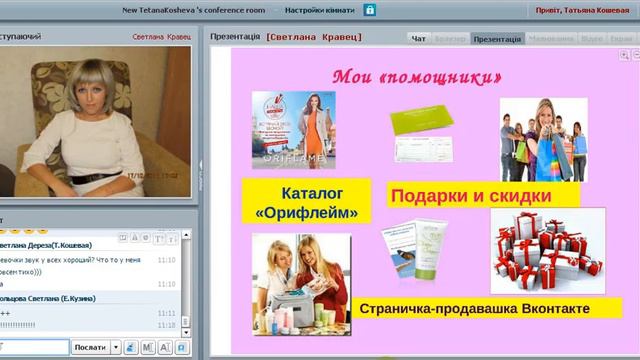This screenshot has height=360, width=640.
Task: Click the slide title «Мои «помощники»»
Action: click(416, 76)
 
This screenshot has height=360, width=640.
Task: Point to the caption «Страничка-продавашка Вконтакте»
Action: click(474, 309)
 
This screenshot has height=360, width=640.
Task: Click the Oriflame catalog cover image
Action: click(293, 129)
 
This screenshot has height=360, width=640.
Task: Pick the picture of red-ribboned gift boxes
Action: click(547, 250)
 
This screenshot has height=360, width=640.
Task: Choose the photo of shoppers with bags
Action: click(543, 139)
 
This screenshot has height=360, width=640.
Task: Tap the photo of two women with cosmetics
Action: click(300, 283)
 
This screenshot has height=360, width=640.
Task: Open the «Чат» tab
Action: click(418, 38)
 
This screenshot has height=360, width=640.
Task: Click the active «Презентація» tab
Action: click(497, 38)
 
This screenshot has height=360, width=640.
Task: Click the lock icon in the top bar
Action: click(370, 10)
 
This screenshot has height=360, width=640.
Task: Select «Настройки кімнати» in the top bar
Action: click(318, 10)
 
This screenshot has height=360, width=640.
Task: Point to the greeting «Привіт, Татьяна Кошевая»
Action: click(576, 10)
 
